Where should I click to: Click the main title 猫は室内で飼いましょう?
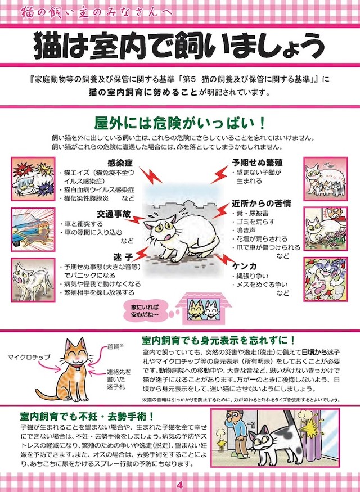[x=180, y=44]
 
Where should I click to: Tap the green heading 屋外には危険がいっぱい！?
[x=179, y=122]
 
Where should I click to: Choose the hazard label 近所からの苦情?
[x=262, y=203]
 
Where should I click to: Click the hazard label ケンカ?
[x=247, y=265]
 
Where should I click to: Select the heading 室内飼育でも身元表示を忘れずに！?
[x=218, y=340]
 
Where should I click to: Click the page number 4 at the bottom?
[x=179, y=485]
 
